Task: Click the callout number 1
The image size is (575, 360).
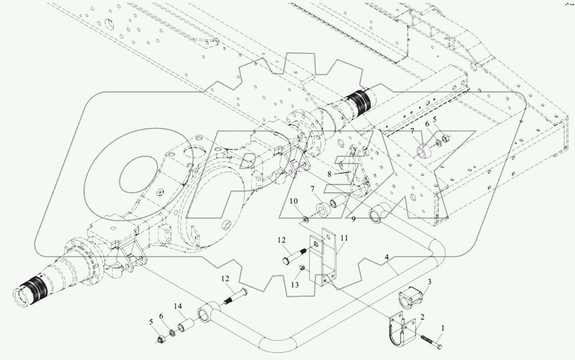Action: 443,329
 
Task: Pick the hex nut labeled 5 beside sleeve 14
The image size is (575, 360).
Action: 162,339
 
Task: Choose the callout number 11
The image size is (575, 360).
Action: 344,238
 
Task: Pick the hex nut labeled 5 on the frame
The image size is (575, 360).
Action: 446,138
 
